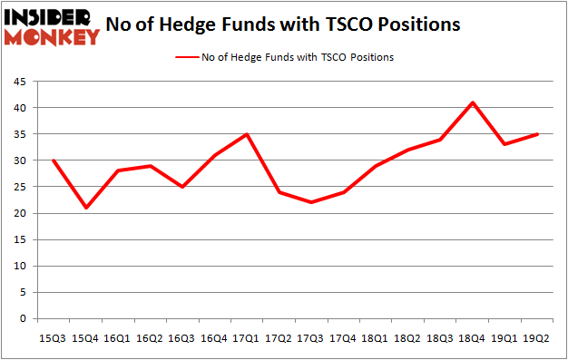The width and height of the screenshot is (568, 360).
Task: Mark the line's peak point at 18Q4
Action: [473, 102]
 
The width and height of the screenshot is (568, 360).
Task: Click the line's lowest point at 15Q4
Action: [85, 208]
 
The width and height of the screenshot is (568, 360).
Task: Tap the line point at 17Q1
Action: [247, 134]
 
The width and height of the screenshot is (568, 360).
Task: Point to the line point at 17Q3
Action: [311, 202]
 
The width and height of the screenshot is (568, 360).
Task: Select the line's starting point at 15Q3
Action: [54, 161]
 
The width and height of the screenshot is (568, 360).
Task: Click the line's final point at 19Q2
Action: [537, 134]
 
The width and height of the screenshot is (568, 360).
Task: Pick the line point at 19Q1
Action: [505, 144]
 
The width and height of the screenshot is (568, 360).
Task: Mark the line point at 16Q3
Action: [182, 187]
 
